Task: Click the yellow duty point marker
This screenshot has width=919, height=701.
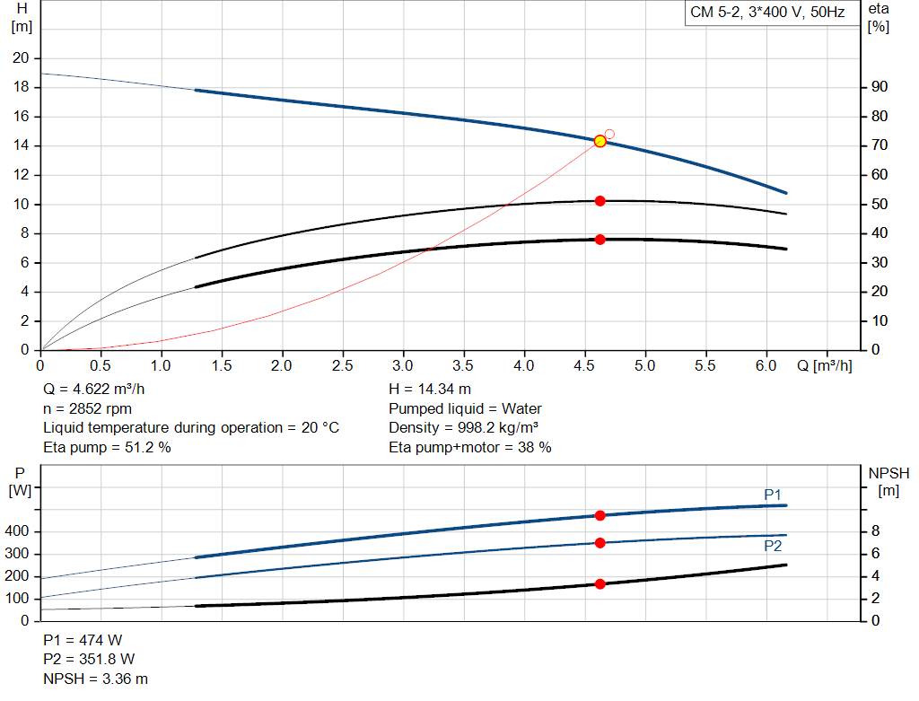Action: click(600, 141)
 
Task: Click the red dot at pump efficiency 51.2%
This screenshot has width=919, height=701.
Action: click(600, 201)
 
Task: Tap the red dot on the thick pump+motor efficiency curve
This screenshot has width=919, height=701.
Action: click(600, 240)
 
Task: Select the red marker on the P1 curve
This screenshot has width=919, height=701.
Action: click(600, 515)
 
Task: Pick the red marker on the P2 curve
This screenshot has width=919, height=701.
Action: click(600, 542)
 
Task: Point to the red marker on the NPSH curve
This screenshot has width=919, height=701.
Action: click(600, 584)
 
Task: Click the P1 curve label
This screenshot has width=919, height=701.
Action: click(773, 495)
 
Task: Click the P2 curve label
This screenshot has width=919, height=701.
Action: click(773, 546)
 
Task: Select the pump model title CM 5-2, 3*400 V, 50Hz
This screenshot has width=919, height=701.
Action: click(767, 13)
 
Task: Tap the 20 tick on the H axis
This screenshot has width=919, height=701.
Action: click(21, 58)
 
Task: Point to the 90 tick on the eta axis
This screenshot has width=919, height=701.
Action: click(880, 87)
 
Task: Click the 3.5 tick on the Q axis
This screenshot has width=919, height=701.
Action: click(463, 366)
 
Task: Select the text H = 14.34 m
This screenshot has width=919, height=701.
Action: click(429, 389)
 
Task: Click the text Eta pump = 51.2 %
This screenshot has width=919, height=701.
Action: click(107, 447)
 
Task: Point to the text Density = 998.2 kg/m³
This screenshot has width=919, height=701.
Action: click(463, 427)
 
